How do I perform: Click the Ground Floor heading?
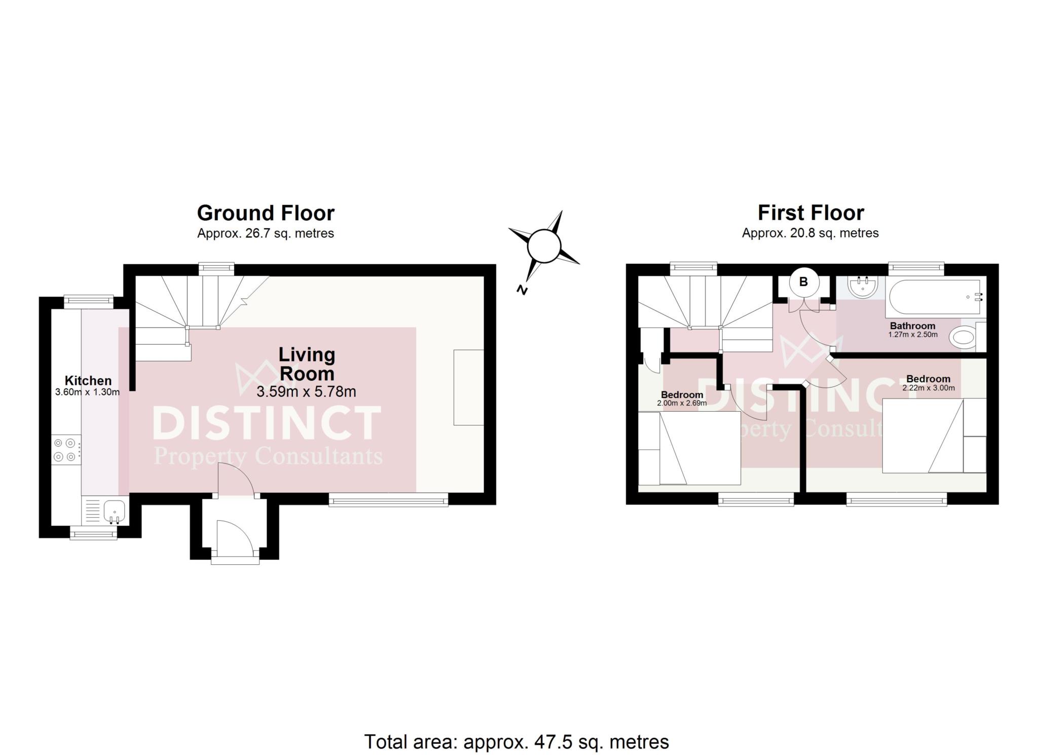click(x=266, y=213)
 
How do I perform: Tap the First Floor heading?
click(x=810, y=213)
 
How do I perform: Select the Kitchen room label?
click(x=88, y=380)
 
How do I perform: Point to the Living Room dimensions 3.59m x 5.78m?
click(x=306, y=391)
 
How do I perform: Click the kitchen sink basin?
click(x=115, y=509)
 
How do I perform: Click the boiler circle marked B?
click(x=803, y=282)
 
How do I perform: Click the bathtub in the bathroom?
click(x=936, y=297)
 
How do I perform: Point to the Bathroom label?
click(x=912, y=326)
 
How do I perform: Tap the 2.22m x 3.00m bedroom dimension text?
click(x=929, y=388)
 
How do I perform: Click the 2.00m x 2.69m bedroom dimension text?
click(x=682, y=404)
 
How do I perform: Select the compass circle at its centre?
click(x=544, y=246)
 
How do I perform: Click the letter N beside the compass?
click(x=521, y=291)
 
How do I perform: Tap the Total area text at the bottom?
click(x=516, y=742)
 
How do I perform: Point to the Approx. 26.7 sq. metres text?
click(x=266, y=233)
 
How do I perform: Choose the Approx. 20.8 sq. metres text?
click(x=810, y=233)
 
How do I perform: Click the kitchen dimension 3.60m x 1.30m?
click(x=87, y=392)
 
